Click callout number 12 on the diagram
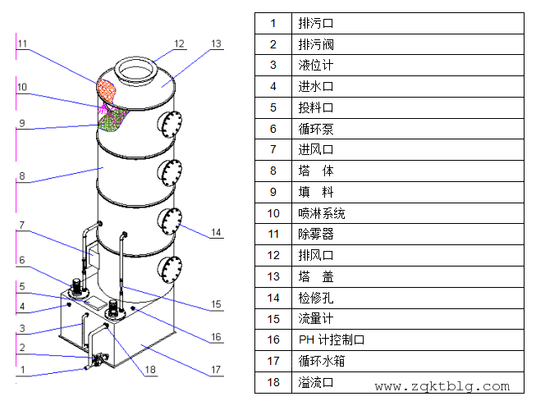[x=180, y=43]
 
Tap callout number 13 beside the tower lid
[x=216, y=43]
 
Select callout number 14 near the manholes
[x=215, y=233]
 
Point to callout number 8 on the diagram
[x=22, y=175]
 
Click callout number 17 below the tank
[x=216, y=370]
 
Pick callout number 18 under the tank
[x=149, y=370]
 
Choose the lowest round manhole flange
[x=172, y=268]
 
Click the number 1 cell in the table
[x=273, y=23]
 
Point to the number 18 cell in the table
[x=273, y=382]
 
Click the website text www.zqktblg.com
[x=442, y=386]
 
